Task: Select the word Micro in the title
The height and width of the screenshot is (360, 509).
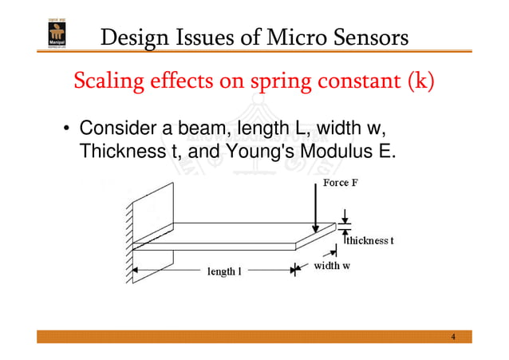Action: [291, 37]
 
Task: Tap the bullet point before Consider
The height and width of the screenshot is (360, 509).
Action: [69, 129]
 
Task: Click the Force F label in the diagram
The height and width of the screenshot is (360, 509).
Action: [341, 183]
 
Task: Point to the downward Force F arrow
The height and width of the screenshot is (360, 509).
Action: [317, 209]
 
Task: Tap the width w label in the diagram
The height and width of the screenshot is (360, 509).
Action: [331, 266]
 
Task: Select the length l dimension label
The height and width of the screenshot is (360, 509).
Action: [224, 271]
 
